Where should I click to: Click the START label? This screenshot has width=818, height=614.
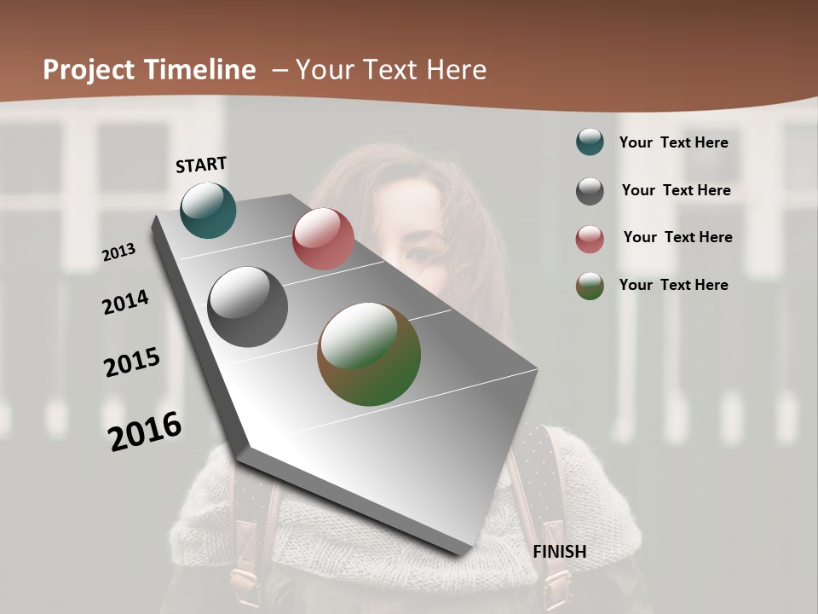click(201, 165)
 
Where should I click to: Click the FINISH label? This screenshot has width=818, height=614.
click(560, 552)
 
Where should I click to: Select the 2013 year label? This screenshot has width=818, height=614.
click(118, 252)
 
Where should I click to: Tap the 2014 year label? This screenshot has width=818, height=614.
click(125, 302)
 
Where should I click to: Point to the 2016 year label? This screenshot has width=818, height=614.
click(145, 431)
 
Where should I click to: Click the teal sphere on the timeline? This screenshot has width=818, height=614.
click(208, 210)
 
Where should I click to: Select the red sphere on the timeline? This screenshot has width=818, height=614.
click(323, 239)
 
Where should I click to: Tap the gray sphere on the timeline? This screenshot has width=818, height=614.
click(247, 307)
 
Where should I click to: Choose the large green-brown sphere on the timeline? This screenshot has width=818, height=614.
click(369, 354)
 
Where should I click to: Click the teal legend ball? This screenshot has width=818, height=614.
click(590, 142)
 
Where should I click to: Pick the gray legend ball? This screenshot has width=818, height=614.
click(590, 191)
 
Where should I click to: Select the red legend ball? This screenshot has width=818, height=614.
click(590, 239)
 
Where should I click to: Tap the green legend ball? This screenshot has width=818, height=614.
click(590, 286)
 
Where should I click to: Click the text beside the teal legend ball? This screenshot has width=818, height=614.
click(673, 142)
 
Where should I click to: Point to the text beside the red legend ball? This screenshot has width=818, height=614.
click(677, 237)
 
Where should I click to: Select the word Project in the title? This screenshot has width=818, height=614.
click(88, 70)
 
